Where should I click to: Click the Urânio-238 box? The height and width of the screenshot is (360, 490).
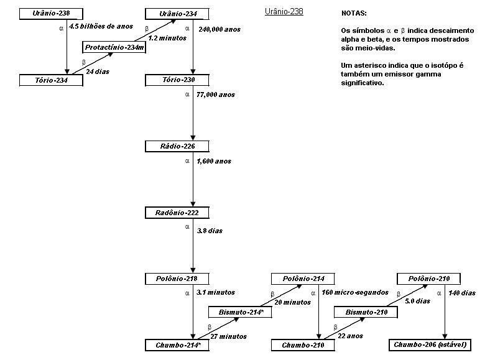point(51,14)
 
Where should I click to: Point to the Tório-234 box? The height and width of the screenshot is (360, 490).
point(51,80)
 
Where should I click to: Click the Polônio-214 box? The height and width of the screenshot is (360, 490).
point(303,279)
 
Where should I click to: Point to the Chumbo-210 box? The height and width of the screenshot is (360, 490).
point(303,345)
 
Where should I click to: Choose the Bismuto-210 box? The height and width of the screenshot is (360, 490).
point(366,312)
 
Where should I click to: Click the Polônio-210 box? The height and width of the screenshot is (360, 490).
point(428,279)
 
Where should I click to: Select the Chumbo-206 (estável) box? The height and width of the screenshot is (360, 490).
point(428,345)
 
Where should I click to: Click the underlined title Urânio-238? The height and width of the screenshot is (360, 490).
point(284,12)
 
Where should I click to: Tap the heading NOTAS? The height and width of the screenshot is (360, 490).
point(354,13)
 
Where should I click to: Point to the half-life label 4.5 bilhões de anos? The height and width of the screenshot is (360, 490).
point(101,27)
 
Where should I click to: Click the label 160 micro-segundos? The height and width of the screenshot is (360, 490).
point(355,292)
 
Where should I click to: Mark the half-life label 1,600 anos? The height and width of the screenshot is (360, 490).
point(213,162)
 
